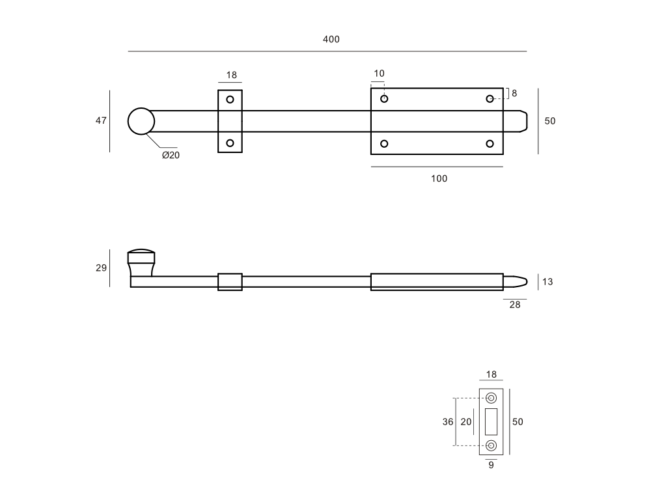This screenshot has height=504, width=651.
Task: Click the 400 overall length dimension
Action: point(331,40)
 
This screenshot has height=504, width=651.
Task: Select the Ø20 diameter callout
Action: point(171,155)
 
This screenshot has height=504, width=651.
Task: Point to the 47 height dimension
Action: point(101,120)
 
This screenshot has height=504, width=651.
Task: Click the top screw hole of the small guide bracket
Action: point(230,100)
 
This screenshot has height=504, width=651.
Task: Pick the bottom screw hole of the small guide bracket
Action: point(230,143)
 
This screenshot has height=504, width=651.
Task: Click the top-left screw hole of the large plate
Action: point(384,99)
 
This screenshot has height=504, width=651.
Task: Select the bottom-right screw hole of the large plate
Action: point(490,144)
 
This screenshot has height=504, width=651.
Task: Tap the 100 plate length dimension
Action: point(439,178)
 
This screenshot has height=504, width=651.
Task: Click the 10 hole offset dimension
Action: point(379,74)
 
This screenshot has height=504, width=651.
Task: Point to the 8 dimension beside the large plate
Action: point(514,93)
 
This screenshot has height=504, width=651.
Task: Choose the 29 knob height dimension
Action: point(101,268)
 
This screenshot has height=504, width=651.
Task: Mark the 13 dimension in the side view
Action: point(547,282)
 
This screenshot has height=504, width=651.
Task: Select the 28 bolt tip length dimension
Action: point(515,305)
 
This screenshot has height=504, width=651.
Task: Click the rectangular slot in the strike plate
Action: point(491,422)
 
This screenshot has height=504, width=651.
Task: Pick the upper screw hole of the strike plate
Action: point(491,398)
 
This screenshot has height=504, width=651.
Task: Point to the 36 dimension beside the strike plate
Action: point(448,422)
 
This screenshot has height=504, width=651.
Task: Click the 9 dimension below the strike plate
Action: point(491,466)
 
